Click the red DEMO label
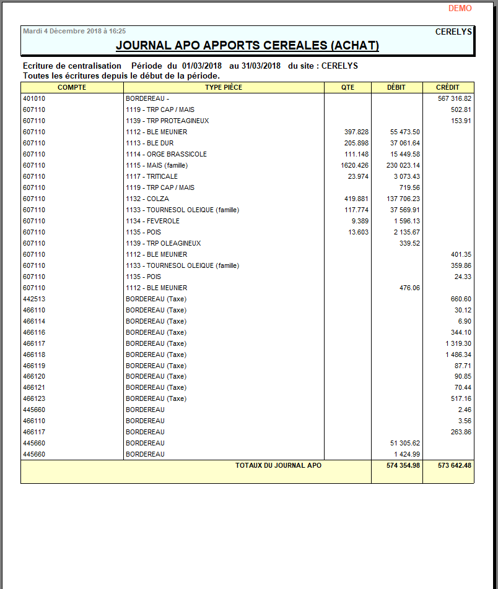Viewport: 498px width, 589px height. pyautogui.click(x=460, y=9)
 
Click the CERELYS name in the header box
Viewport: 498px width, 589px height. pyautogui.click(x=453, y=32)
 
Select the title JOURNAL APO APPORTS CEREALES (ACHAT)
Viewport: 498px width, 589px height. pyautogui.click(x=247, y=46)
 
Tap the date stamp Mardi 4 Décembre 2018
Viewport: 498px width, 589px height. pyautogui.click(x=74, y=31)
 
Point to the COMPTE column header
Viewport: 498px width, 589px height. pyautogui.click(x=72, y=87)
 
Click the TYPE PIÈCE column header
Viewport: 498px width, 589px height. pyautogui.click(x=224, y=87)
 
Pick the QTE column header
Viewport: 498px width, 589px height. pyautogui.click(x=347, y=87)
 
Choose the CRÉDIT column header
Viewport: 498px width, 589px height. pyautogui.click(x=448, y=87)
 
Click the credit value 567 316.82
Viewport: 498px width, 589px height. pyautogui.click(x=455, y=98)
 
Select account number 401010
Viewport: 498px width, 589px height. pyautogui.click(x=34, y=98)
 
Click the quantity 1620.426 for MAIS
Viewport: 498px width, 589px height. pyautogui.click(x=354, y=165)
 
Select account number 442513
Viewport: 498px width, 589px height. pyautogui.click(x=34, y=299)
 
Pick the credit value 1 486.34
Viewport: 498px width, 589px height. pyautogui.click(x=458, y=355)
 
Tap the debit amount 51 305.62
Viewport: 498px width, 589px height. pyautogui.click(x=406, y=443)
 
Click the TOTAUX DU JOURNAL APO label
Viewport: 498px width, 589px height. pyautogui.click(x=278, y=465)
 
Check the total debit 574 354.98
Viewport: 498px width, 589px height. pyautogui.click(x=403, y=465)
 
